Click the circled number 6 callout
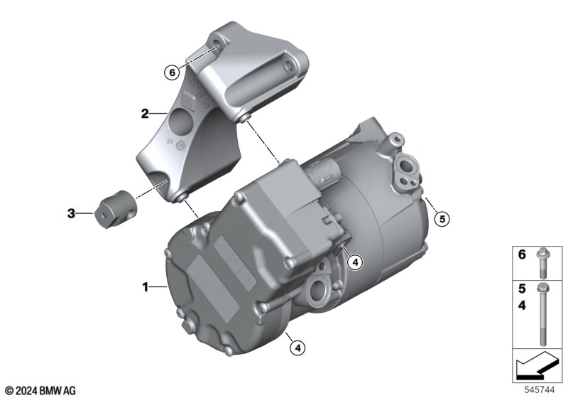pyautogui.click(x=172, y=72)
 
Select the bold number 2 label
pyautogui.click(x=145, y=114)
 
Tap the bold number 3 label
pyautogui.click(x=72, y=213)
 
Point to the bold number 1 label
pyautogui.click(x=146, y=287)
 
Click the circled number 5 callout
pyautogui.click(x=442, y=219)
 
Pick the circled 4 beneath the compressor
pyautogui.click(x=297, y=348)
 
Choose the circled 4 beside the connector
pyautogui.click(x=354, y=262)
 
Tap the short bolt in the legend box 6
pyautogui.click(x=542, y=263)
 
